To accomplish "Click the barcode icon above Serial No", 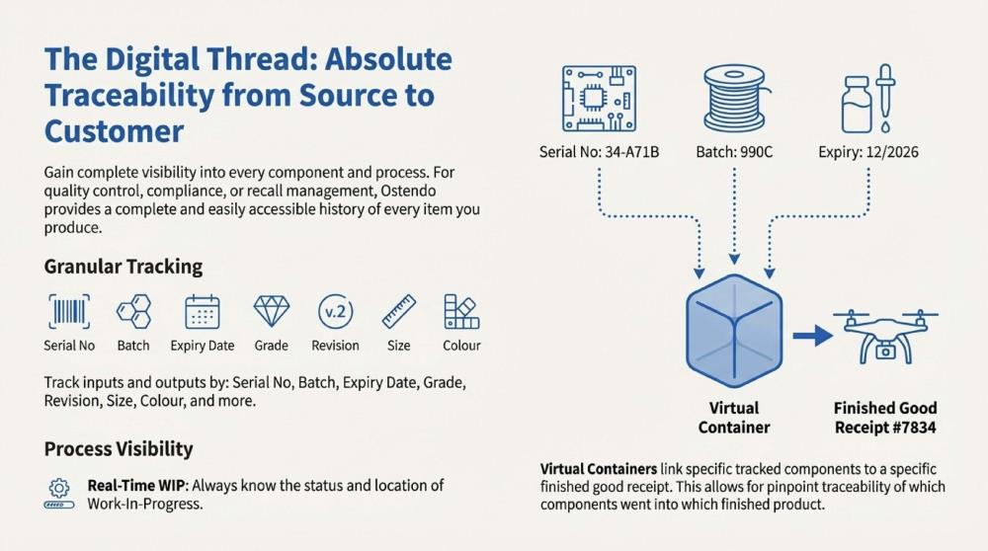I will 69,312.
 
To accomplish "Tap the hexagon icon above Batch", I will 133,312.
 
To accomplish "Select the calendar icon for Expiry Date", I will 202,312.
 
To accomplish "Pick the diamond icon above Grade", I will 271,312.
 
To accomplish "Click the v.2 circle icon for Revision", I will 335,312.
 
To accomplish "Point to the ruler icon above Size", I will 399,312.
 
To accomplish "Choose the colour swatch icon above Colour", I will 460,312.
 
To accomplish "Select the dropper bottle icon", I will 866,98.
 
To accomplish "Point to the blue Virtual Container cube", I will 734,336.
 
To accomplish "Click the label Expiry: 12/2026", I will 866,152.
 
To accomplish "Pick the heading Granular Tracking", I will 123,267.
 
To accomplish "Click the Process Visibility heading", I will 119,448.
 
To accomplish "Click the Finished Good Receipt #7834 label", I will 885,417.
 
